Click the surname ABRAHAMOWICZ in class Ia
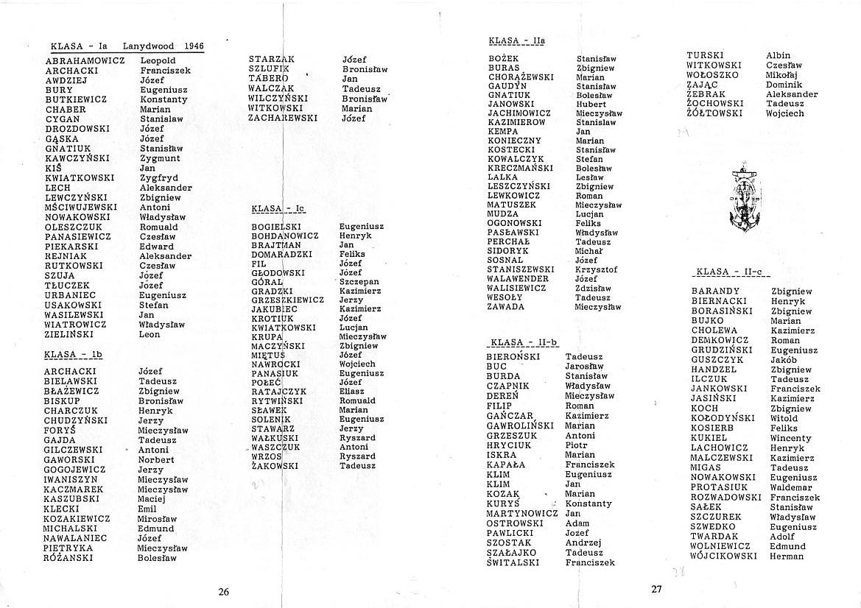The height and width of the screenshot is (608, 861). [x=85, y=60]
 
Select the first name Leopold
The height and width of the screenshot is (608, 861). [x=158, y=60]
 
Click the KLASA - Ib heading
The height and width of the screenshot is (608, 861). [x=72, y=354]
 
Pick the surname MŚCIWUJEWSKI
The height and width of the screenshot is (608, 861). [x=80, y=208]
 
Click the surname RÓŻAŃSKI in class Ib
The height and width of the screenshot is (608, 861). [x=68, y=558]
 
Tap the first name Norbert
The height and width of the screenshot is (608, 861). [x=156, y=460]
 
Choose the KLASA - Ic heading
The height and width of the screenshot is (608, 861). [x=278, y=209]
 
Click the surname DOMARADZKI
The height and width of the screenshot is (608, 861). [x=281, y=254]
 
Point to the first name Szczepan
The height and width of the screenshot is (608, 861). [x=359, y=282]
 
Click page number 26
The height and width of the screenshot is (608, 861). [x=224, y=591]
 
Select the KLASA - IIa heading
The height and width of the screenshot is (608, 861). [x=516, y=40]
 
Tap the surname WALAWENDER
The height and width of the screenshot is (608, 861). [x=518, y=279]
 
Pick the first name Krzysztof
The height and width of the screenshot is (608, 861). [x=597, y=270]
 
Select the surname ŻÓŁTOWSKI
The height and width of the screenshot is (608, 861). [x=714, y=113]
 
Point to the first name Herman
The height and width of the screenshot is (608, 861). [x=787, y=556]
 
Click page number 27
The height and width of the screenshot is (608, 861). [x=657, y=589]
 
